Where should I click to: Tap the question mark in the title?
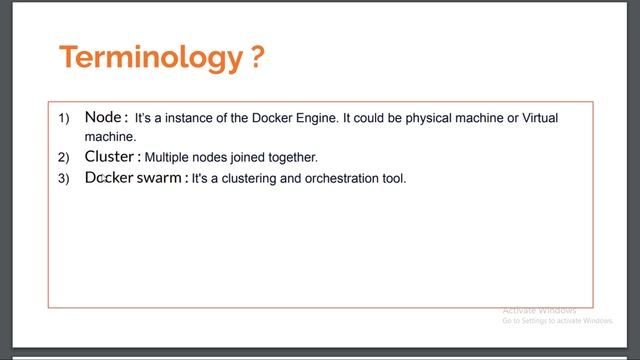[257, 57]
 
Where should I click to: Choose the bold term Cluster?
[110, 157]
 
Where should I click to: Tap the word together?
[291, 158]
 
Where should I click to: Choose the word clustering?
[248, 179]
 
